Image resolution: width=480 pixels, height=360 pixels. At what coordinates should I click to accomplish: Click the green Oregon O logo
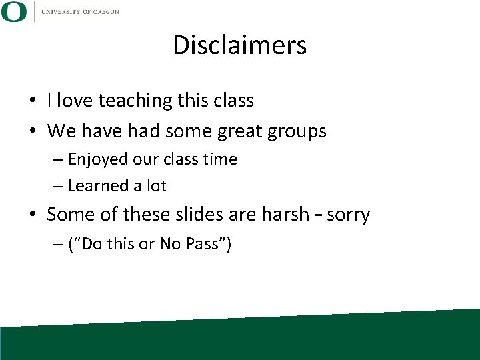point(13,12)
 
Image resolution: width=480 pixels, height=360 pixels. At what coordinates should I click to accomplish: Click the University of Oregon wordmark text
point(79,12)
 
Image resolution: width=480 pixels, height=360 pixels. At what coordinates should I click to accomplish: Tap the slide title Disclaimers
point(239,45)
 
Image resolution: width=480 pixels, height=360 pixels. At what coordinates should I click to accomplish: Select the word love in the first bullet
point(75,100)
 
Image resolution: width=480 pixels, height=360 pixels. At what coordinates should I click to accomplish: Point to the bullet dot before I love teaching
point(33,101)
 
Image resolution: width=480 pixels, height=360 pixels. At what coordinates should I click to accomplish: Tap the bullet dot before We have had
point(33,132)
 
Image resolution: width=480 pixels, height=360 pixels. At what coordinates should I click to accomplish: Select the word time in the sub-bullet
point(221,159)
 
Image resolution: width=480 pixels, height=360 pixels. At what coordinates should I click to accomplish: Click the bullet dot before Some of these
point(33,216)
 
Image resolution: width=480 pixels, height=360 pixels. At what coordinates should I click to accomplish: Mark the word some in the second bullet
point(183,131)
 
